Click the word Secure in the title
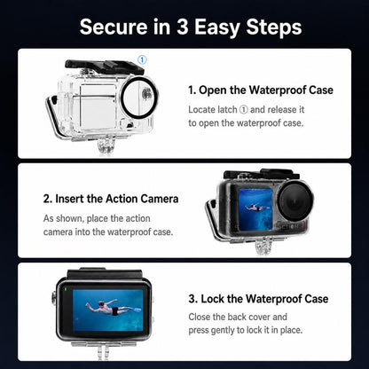pos(114,27)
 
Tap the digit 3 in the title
pos(183,27)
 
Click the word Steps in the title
pos(274,27)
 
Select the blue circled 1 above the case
pos(142,60)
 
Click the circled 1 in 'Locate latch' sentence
pos(243,110)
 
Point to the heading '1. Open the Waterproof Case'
pos(261,90)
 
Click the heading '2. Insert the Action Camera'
pos(111,199)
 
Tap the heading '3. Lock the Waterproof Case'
pos(258,299)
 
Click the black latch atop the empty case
pos(104,67)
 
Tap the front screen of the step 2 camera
pos(255,208)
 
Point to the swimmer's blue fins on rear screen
pos(135,310)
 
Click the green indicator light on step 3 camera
pos(65,289)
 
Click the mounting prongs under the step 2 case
pos(263,246)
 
